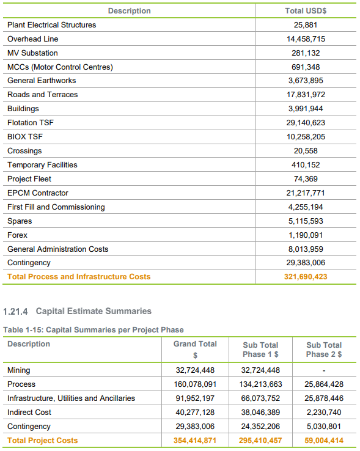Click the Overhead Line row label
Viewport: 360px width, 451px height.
tap(33, 39)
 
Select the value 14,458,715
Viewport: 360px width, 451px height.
tap(306, 39)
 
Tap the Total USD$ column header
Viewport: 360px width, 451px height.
tap(306, 11)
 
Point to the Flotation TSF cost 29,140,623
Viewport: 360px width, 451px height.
tap(306, 123)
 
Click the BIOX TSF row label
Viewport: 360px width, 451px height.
tap(25, 137)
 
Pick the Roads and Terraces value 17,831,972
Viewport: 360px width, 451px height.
tap(306, 95)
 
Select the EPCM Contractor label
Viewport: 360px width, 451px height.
tap(38, 193)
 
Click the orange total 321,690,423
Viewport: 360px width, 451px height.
tap(306, 277)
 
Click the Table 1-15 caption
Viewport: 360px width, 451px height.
tap(94, 330)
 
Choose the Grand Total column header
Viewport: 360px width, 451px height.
tap(195, 349)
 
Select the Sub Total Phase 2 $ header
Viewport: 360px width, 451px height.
tap(324, 350)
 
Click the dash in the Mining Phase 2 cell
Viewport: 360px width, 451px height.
tap(324, 370)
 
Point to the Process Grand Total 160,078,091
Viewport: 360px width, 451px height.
tap(195, 384)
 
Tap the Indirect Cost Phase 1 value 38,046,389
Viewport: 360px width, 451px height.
tap(260, 413)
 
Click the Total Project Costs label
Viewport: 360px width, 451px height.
tap(43, 441)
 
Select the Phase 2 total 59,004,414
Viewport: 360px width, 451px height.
tap(324, 441)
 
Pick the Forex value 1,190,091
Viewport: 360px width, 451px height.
tap(306, 235)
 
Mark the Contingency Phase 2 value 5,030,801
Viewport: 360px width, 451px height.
tap(324, 427)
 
